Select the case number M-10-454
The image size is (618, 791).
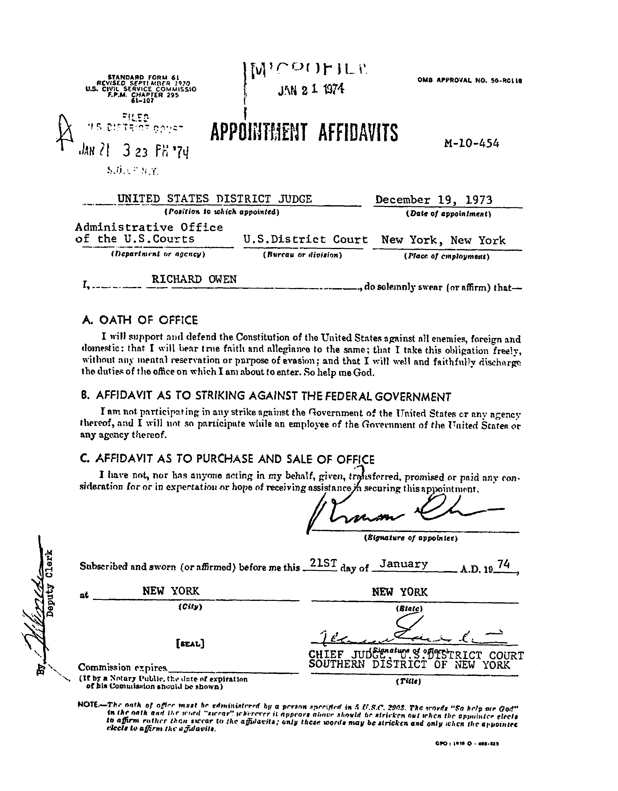pos(471,143)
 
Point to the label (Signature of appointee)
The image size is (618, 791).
pos(411,538)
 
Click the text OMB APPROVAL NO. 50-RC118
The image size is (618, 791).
pos(469,81)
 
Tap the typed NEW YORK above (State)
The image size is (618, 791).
pos(400,592)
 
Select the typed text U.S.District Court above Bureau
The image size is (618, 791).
pos(305,239)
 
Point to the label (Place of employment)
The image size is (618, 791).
pos(446,257)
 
